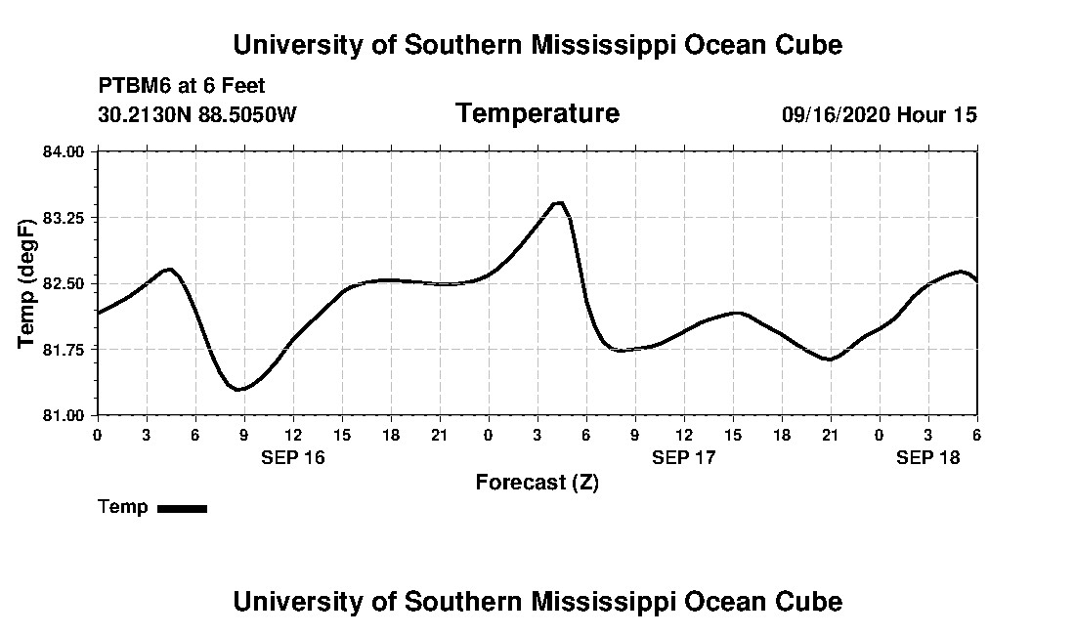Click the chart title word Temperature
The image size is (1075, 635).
click(537, 113)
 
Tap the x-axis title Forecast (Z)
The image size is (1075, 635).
click(537, 482)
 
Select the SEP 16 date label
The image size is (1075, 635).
click(292, 457)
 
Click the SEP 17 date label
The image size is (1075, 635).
click(683, 457)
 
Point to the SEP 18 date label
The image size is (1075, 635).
click(927, 457)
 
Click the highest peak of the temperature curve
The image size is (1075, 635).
click(559, 202)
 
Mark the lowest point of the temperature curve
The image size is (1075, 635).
click(239, 390)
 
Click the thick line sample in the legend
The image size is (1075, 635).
click(182, 508)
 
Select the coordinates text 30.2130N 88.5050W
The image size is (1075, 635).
click(196, 114)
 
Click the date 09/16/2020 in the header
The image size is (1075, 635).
click(836, 114)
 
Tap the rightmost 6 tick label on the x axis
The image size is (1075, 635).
click(976, 435)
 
